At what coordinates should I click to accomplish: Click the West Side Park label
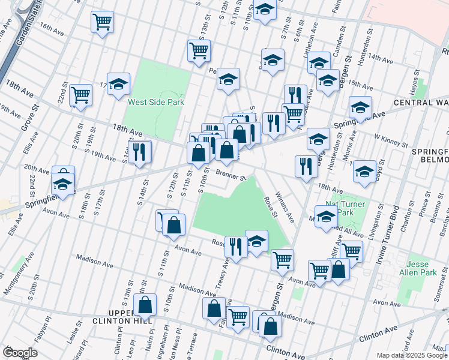[155, 102]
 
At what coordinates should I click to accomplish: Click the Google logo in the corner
[20, 352]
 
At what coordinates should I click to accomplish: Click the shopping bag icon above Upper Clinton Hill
[145, 305]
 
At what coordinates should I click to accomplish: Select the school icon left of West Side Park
[119, 85]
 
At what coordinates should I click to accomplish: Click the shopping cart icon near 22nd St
[80, 94]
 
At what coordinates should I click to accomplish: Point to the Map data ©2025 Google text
[410, 355]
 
